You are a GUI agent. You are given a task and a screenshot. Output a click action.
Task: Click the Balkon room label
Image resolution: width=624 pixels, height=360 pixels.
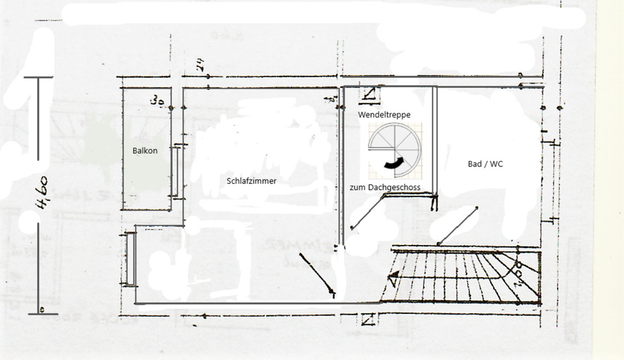coord(145,150)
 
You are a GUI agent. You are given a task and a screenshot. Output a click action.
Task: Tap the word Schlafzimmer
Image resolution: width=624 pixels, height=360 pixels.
coord(252,181)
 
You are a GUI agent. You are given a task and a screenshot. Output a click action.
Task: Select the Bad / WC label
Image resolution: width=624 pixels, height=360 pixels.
coord(486,164)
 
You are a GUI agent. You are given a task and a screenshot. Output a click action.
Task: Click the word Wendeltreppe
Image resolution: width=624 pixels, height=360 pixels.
coord(384,114)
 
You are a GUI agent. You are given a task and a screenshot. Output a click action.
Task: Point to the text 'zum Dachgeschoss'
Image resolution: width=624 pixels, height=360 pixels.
coord(385,187)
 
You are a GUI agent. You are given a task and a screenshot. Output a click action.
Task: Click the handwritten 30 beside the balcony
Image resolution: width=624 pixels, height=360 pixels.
coord(156,101)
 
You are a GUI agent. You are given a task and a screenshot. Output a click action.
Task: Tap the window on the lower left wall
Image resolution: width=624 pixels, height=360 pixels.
coord(131,259)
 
